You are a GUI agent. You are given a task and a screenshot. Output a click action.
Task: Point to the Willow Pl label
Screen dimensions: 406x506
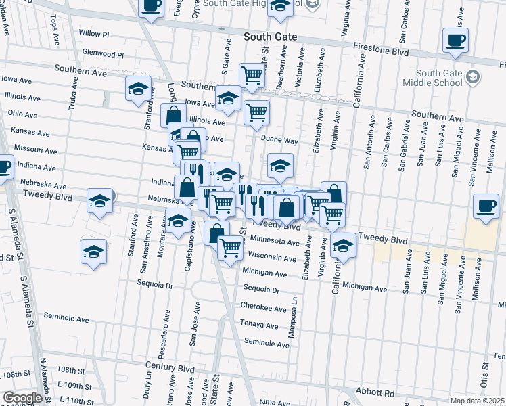point(93,33)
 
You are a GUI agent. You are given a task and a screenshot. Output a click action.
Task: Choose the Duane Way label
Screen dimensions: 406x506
point(280,141)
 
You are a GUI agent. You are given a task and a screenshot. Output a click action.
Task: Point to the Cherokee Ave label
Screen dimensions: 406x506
point(264,307)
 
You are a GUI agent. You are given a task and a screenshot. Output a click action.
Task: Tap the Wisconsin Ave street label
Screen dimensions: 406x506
point(273,258)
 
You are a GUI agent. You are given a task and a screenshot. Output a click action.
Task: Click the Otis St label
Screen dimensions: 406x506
point(485,376)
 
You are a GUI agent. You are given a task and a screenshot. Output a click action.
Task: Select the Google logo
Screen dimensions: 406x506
point(22,398)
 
